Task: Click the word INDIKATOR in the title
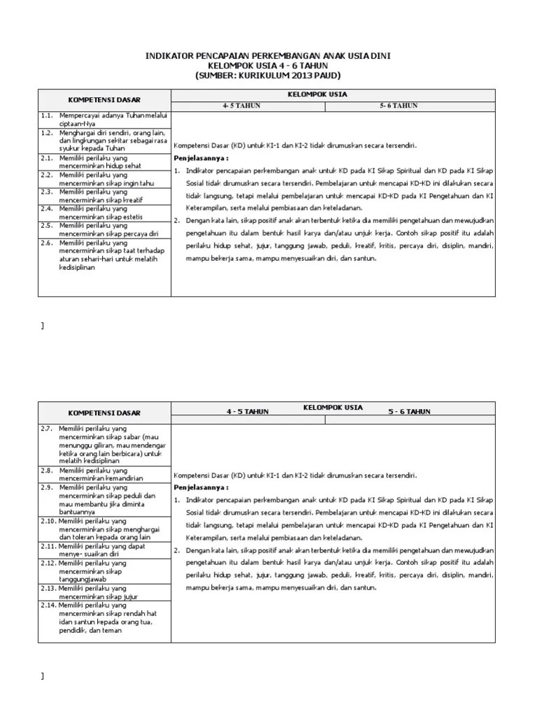tap(169, 55)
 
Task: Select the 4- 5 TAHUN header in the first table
tap(242, 106)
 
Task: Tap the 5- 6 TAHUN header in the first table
tap(399, 106)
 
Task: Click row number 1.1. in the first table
tap(47, 115)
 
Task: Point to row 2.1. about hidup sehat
tap(105, 162)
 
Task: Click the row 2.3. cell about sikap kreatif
tap(105, 194)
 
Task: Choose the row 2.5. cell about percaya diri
tap(105, 228)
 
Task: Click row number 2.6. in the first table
tap(47, 243)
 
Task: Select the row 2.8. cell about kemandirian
tap(105, 475)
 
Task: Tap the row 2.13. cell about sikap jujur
tap(105, 592)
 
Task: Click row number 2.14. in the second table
tap(49, 605)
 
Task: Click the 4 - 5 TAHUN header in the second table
tap(247, 413)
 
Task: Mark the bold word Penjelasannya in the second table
tap(199, 486)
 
